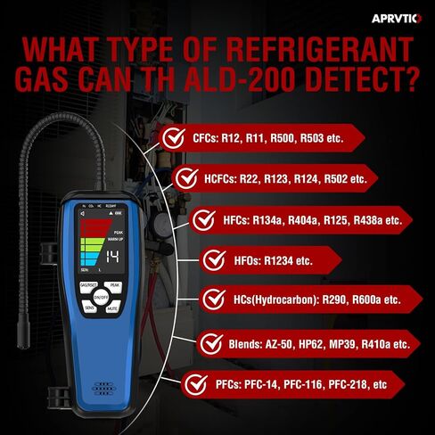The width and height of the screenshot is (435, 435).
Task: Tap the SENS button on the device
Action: tap(90, 307)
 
